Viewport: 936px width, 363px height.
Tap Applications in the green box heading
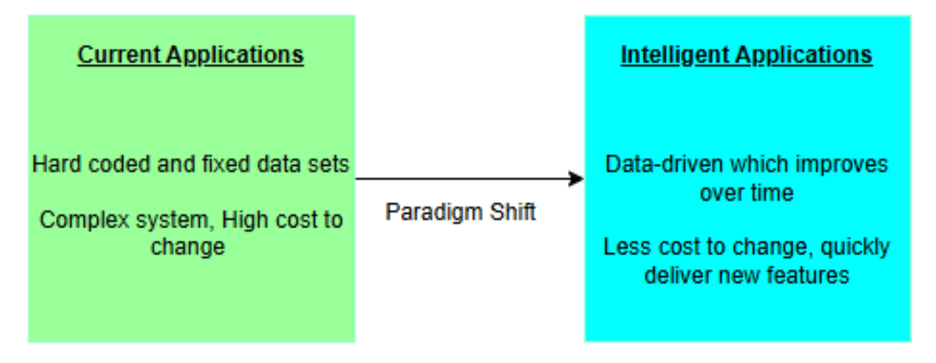pyautogui.click(x=236, y=55)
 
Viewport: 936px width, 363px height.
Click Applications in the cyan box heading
pyautogui.click(x=805, y=55)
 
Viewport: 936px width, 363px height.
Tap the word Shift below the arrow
pyautogui.click(x=515, y=212)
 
